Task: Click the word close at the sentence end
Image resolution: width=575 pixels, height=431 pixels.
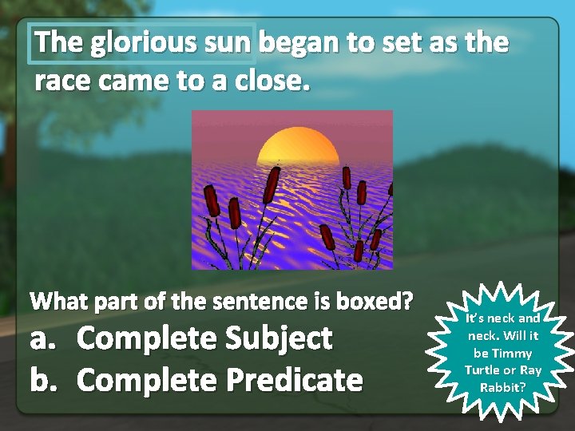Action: pyautogui.click(x=272, y=80)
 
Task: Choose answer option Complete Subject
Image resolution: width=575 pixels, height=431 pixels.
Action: pyautogui.click(x=204, y=338)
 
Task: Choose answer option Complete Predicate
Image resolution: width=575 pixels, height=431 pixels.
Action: pyautogui.click(x=219, y=380)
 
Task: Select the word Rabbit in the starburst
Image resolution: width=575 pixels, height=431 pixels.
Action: pyautogui.click(x=503, y=387)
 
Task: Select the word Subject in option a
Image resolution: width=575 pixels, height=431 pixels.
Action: pyautogui.click(x=279, y=338)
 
